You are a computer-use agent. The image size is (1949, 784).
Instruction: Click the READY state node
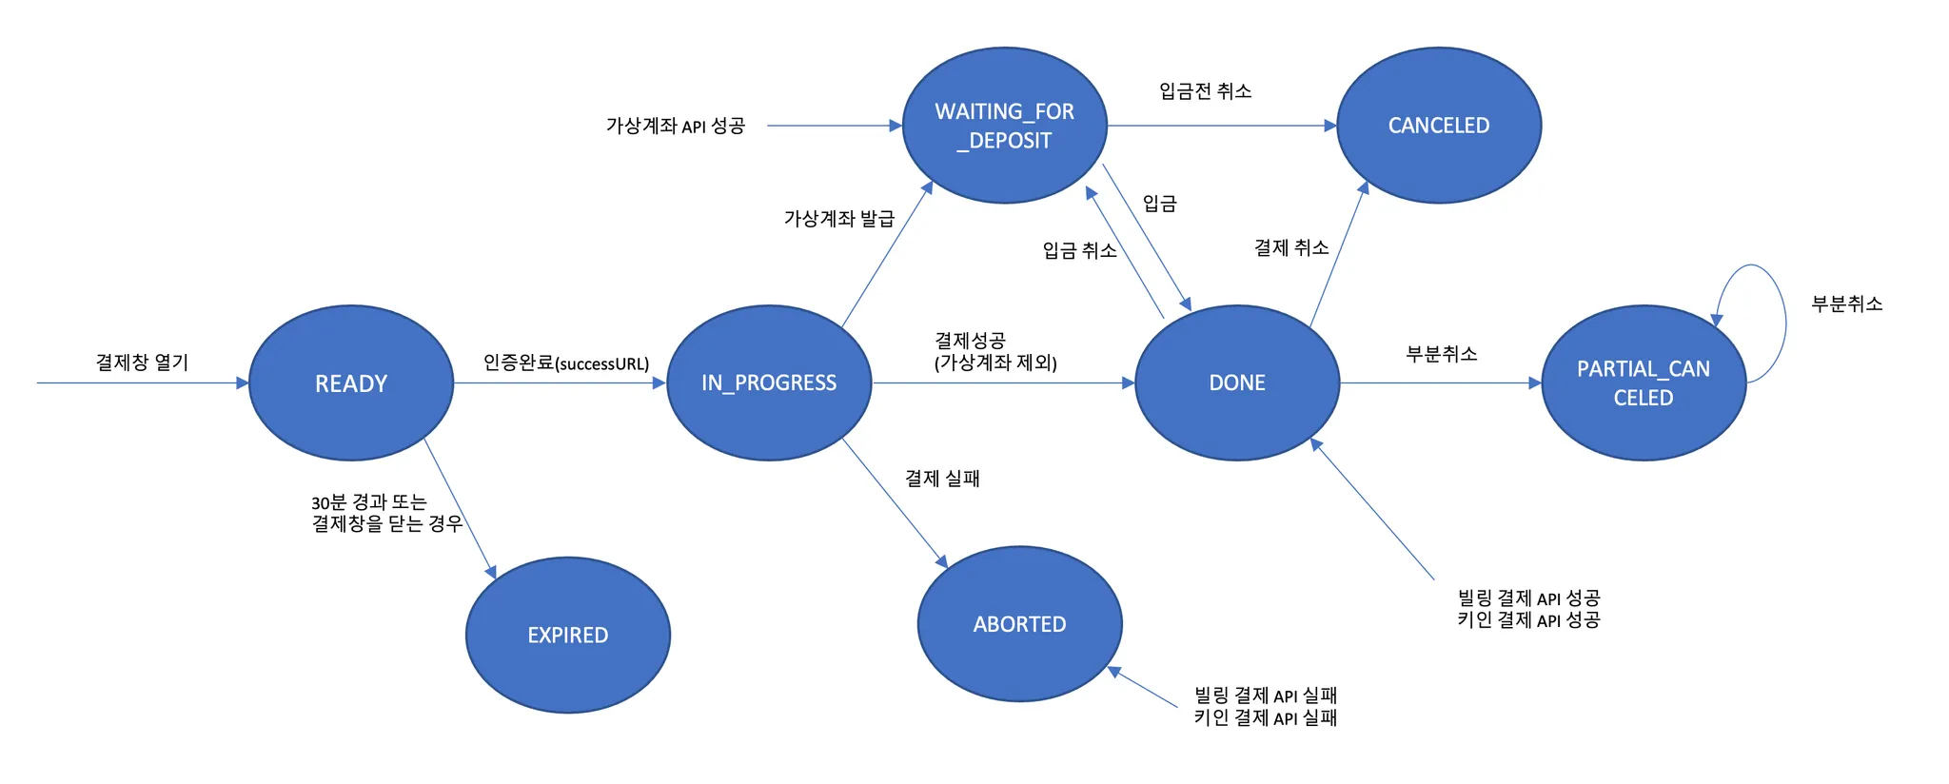tap(351, 383)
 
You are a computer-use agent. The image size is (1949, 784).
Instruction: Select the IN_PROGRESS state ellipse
tap(769, 382)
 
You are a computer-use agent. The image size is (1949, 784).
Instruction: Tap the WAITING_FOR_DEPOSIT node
tap(1004, 126)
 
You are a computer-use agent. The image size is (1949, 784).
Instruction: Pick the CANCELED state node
tap(1439, 126)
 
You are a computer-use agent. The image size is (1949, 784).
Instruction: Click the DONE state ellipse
tap(1237, 382)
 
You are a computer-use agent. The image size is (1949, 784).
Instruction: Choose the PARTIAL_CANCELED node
tap(1644, 382)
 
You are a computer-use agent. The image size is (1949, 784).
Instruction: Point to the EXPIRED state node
tap(568, 635)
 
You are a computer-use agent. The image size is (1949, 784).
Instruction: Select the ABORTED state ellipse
tap(1019, 624)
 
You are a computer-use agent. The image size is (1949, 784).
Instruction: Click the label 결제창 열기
tap(142, 363)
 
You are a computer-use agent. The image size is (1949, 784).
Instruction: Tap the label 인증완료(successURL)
tap(565, 363)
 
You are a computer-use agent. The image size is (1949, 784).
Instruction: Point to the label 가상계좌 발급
tap(838, 219)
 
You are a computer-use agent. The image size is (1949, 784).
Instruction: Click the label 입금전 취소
tap(1205, 91)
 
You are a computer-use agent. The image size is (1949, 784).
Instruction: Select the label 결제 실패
tap(942, 479)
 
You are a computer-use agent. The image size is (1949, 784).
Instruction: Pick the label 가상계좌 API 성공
tap(675, 126)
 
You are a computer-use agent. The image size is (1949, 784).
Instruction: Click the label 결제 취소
tap(1290, 248)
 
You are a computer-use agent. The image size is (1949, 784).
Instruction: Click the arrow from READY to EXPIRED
tap(460, 508)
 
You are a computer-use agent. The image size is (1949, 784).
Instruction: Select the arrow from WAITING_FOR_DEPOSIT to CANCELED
tap(1222, 126)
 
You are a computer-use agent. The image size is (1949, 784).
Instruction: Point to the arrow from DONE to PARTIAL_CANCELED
tap(1440, 383)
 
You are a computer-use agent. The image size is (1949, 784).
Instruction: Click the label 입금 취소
tap(1079, 251)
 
